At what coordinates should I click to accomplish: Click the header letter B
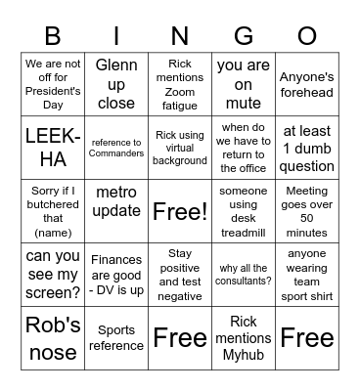[54, 36]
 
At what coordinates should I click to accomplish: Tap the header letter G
[244, 36]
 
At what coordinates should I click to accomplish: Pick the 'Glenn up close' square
[116, 84]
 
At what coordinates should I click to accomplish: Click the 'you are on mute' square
[244, 84]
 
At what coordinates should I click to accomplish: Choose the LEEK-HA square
[54, 147]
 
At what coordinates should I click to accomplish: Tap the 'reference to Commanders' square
[116, 147]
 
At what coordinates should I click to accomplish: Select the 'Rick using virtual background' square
[180, 147]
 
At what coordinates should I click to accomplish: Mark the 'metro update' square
[116, 210]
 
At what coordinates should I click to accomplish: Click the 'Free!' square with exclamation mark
[180, 210]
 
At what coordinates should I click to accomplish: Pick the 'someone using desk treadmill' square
[244, 210]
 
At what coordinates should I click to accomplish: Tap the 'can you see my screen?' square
[54, 273]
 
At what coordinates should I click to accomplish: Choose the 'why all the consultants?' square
[244, 273]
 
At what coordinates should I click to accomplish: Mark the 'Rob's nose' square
[54, 335]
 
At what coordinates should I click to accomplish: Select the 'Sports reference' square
[116, 335]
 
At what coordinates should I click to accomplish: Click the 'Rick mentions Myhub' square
[244, 335]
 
